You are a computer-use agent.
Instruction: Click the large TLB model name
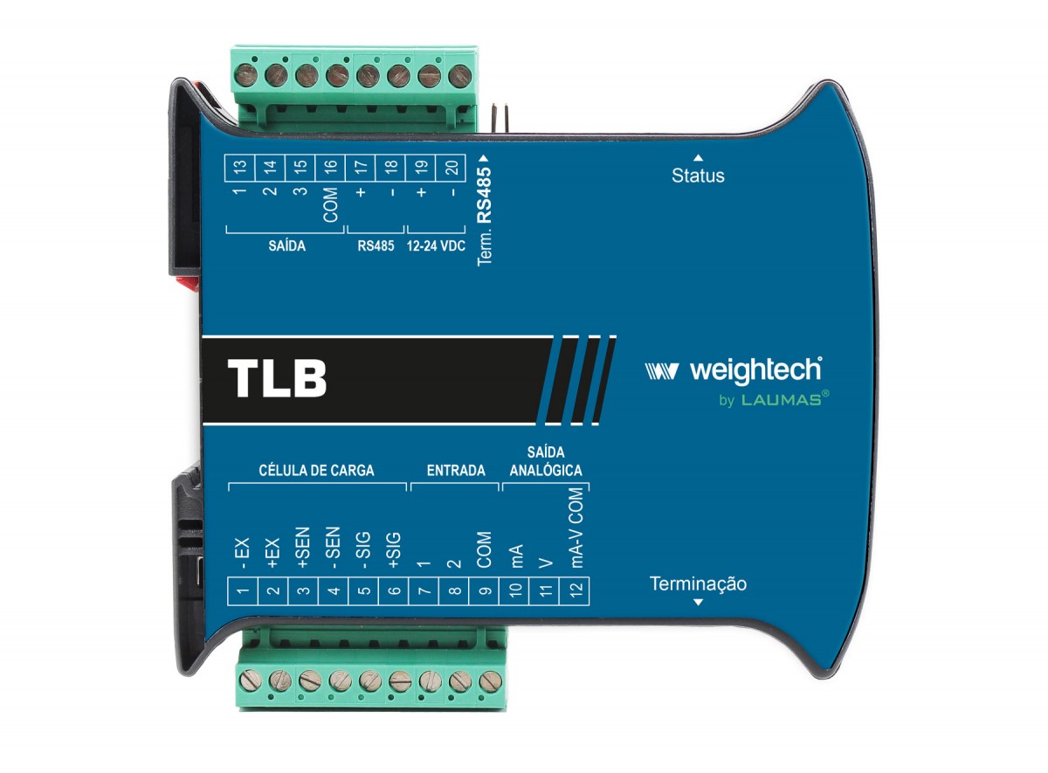[277, 378]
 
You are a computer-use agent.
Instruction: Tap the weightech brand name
[756, 371]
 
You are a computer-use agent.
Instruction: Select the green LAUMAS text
[782, 400]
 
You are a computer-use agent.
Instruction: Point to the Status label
[698, 176]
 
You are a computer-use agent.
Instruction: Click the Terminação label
[698, 584]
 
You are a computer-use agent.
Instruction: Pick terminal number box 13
[240, 168]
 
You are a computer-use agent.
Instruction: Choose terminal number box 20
[451, 168]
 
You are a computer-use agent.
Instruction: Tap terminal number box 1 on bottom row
[243, 591]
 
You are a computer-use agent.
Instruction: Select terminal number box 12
[575, 591]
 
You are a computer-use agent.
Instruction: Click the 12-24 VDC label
[436, 245]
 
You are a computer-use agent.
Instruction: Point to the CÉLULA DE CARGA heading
[316, 470]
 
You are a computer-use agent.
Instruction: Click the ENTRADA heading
[456, 470]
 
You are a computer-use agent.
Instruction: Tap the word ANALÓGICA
[546, 470]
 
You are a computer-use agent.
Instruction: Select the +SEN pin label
[303, 548]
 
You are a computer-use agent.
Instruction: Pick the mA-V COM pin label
[577, 528]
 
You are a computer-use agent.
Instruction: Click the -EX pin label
[243, 554]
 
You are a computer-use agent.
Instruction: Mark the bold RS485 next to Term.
[484, 195]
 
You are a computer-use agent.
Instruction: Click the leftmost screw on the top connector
[245, 75]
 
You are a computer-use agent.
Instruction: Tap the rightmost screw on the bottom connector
[490, 681]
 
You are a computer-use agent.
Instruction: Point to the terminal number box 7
[424, 591]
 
